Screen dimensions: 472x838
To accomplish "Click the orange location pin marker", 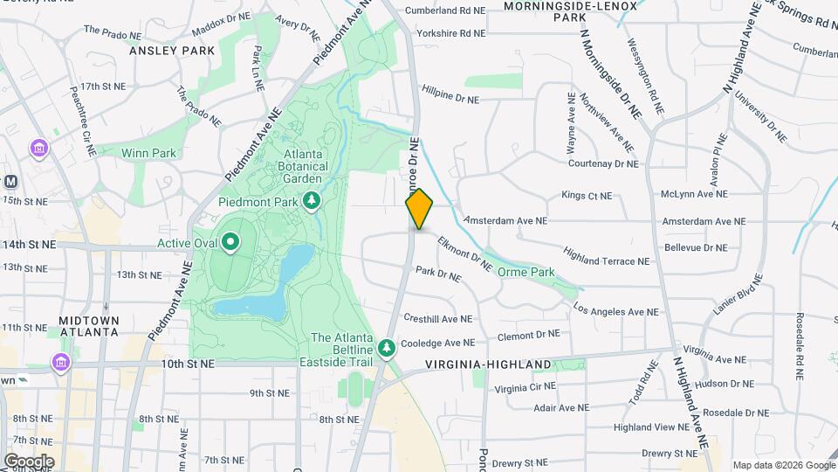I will (x=420, y=208).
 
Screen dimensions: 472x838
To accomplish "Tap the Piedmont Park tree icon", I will (x=312, y=202).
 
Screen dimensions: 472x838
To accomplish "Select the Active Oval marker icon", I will (x=230, y=242).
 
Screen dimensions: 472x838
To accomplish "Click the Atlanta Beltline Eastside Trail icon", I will (x=387, y=349).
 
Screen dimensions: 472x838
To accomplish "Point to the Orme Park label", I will (x=525, y=272).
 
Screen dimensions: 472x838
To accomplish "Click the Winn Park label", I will (x=148, y=153).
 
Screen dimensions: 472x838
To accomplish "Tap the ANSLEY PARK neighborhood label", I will (x=172, y=51).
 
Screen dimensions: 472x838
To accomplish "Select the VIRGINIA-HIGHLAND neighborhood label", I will (x=488, y=364).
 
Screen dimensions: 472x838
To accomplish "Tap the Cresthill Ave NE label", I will (x=437, y=319).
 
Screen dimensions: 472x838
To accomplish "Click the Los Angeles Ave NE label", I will (x=615, y=311).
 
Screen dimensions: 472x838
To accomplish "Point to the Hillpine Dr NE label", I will (x=450, y=100).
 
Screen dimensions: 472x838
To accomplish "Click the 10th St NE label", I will (x=187, y=363).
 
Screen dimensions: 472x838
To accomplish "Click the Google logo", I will (x=29, y=461).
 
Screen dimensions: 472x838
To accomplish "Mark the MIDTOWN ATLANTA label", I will (x=88, y=326).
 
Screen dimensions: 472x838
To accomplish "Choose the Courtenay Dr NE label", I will (x=602, y=163).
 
